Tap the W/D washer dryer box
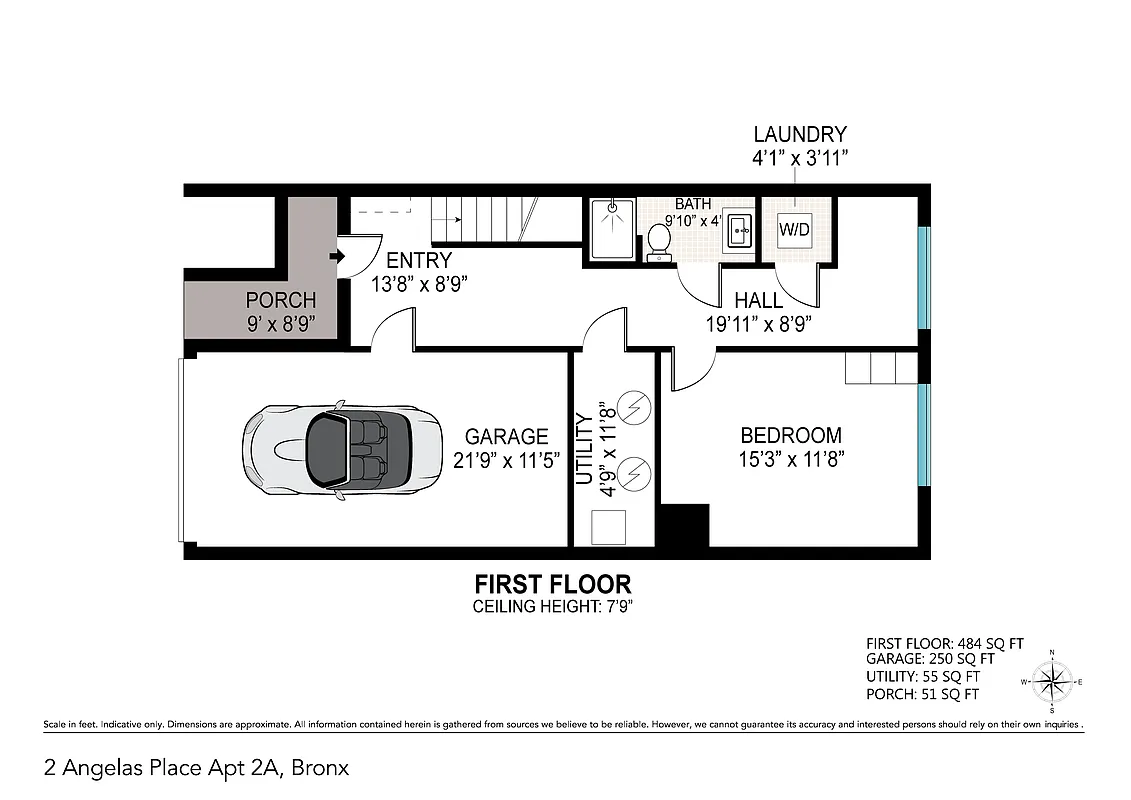[794, 230]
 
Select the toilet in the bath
[659, 240]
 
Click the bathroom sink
[740, 229]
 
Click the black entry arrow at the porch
[337, 257]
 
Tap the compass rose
[1051, 682]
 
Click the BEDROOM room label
[790, 436]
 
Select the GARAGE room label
[506, 437]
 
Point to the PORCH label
[281, 300]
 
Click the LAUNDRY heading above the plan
[799, 134]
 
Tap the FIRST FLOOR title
[552, 584]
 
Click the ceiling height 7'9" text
[552, 606]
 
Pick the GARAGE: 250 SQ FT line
[930, 660]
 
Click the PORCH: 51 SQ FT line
[922, 694]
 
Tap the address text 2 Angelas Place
[196, 768]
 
